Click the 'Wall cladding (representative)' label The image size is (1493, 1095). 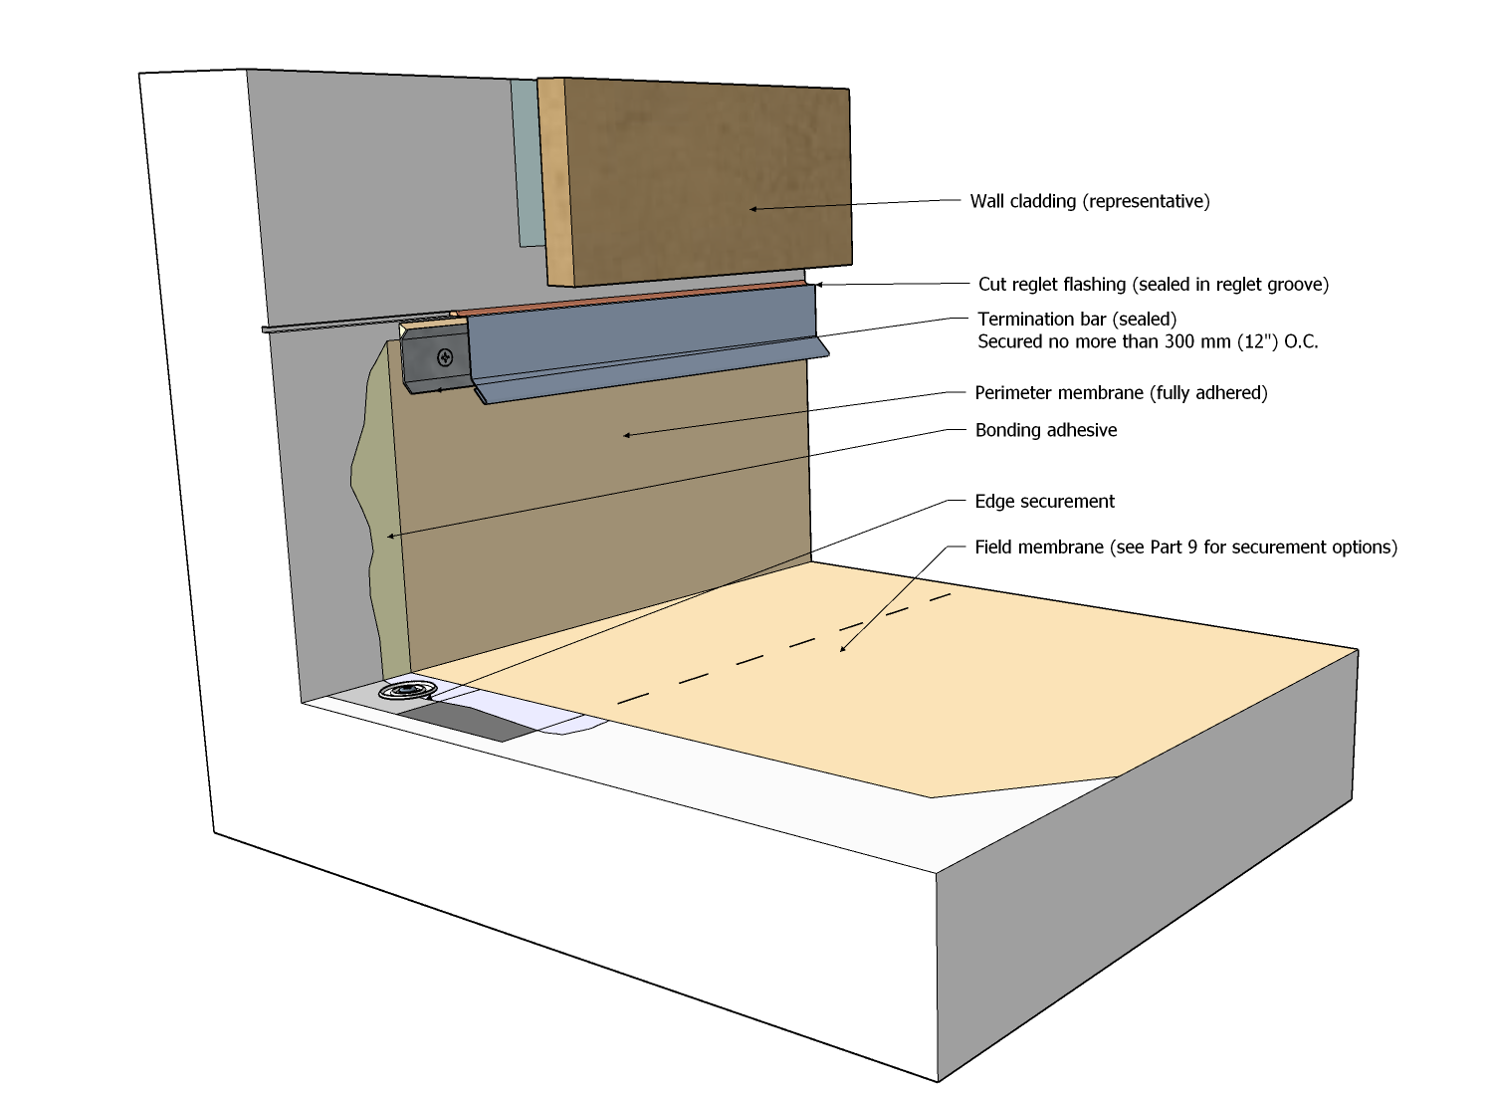coord(1090,201)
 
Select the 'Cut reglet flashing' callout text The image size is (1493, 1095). coord(1153,285)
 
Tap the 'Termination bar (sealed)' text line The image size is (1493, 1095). coord(1077,320)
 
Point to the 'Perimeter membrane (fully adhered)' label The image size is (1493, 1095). coord(1121,393)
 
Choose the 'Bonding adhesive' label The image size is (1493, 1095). coord(1045,430)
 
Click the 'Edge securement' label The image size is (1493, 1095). coord(1044,502)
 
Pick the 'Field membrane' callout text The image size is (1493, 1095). coord(1185,547)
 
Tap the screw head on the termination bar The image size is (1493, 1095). coord(445,356)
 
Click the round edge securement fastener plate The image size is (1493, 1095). coord(409,690)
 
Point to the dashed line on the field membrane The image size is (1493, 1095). coord(786,647)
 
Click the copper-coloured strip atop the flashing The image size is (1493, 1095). coord(637,296)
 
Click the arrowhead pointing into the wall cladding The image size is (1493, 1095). coord(752,209)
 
